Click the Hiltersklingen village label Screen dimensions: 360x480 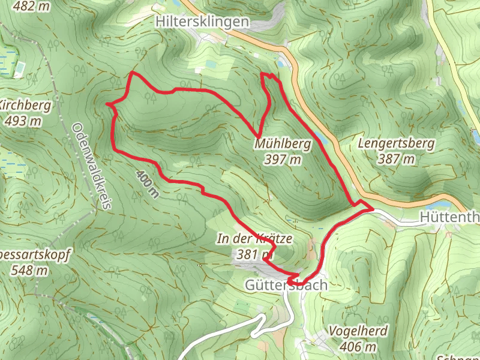pyautogui.click(x=201, y=22)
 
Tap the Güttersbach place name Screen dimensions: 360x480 pyautogui.click(x=286, y=285)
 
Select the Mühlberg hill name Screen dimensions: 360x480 pyautogui.click(x=283, y=144)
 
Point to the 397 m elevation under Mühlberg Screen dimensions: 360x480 pyautogui.click(x=282, y=159)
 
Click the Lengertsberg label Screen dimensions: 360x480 pyautogui.click(x=386, y=144)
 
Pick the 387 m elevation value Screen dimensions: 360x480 pyautogui.click(x=397, y=159)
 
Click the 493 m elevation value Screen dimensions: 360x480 pyautogui.click(x=23, y=121)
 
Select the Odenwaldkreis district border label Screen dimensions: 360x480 pyautogui.click(x=91, y=166)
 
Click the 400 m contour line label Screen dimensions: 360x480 pyautogui.click(x=148, y=183)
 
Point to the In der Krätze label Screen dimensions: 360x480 pyautogui.click(x=254, y=239)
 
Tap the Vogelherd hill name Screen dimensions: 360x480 pyautogui.click(x=358, y=331)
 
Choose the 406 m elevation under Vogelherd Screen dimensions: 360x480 pyautogui.click(x=358, y=346)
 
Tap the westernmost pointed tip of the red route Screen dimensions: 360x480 pyautogui.click(x=107, y=104)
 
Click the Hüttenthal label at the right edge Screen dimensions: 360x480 pyautogui.click(x=451, y=217)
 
